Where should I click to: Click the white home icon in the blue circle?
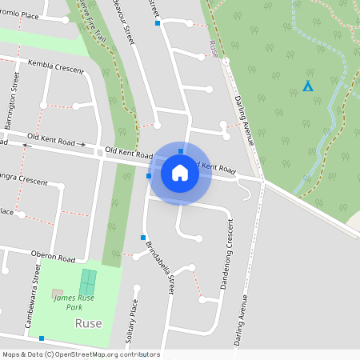pos(180,173)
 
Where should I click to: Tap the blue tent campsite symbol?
pos(308,86)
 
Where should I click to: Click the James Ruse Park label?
pos(74,302)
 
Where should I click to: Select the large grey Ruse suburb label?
pos(88,323)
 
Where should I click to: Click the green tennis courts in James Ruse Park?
pos(87,282)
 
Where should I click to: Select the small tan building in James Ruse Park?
pos(57,294)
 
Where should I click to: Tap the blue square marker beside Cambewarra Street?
pos(42,338)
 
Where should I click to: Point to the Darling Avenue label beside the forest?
pos(245,118)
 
